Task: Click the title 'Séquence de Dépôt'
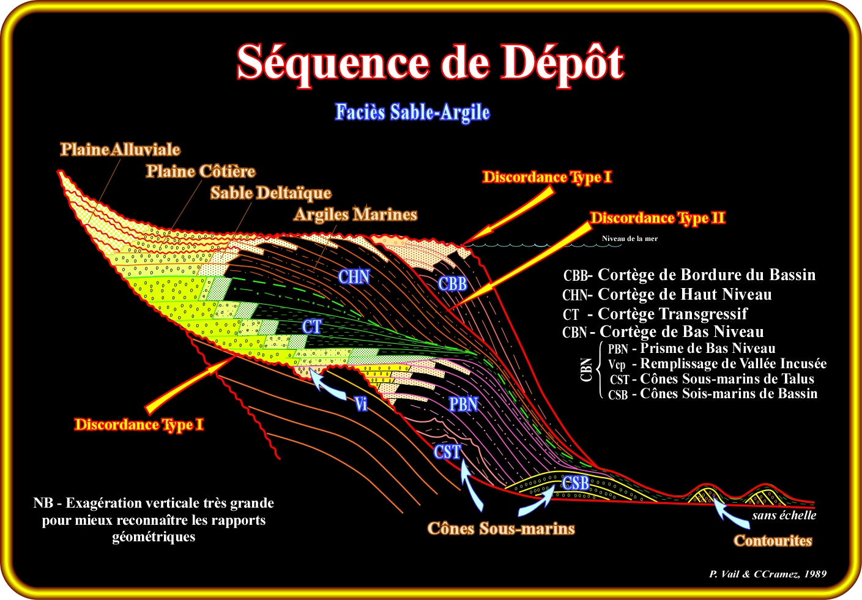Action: point(430,63)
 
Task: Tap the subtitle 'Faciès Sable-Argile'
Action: point(412,112)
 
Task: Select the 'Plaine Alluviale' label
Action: point(120,149)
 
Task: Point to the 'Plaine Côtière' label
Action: point(200,171)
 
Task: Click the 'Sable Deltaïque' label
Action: point(270,193)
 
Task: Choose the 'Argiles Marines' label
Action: point(355,214)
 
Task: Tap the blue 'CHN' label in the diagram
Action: point(354,276)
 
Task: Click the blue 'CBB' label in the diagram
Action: point(453,284)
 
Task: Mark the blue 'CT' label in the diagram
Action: point(312,327)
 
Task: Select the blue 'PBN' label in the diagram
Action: point(463,404)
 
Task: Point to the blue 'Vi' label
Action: point(361,404)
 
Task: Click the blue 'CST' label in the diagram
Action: point(447,452)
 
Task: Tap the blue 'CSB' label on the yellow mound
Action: point(576,483)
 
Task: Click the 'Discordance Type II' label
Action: point(657,218)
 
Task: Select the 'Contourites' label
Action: point(773,541)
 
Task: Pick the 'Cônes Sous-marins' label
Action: point(500,528)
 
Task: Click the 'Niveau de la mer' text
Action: point(630,239)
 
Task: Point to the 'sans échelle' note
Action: point(784,516)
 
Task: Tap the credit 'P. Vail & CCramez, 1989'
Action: point(768,574)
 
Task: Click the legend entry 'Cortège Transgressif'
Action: point(672,314)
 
